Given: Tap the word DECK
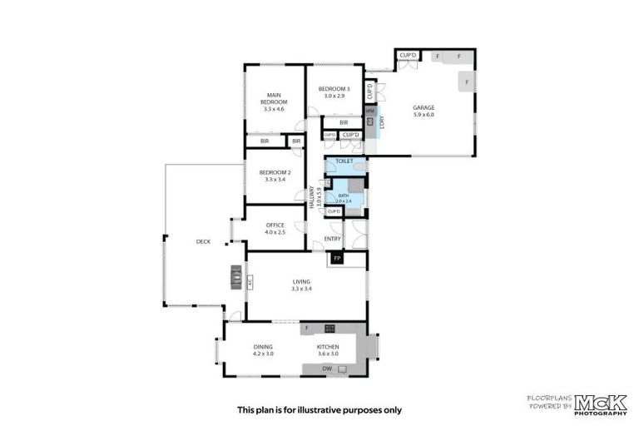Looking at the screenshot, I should (203, 241).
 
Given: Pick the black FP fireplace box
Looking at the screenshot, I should (337, 260).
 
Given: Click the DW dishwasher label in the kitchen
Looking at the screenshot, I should (327, 369).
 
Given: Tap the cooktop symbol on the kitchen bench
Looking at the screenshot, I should (329, 328).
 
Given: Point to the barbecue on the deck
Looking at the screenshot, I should (237, 275).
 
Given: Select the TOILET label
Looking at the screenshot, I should (344, 161).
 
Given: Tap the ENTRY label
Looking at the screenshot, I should (332, 239).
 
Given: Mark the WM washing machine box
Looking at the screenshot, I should (369, 111).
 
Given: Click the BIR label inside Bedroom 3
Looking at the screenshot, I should (343, 123).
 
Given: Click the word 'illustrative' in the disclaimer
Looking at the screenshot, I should (334, 409).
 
